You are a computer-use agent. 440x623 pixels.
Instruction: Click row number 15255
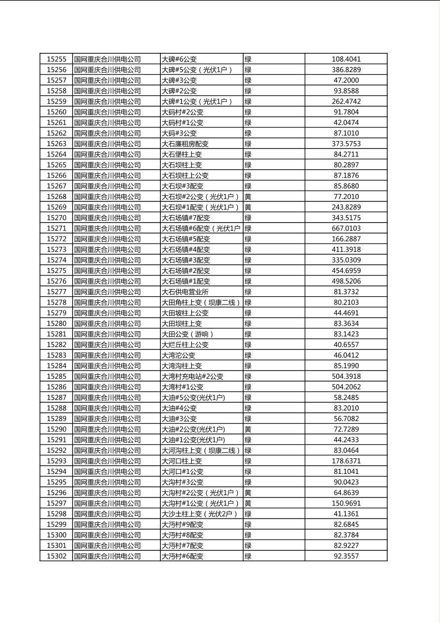pyautogui.click(x=56, y=59)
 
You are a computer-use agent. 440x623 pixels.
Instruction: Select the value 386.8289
pyautogui.click(x=346, y=70)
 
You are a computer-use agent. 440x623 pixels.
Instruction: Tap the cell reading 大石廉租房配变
pyautogui.click(x=185, y=144)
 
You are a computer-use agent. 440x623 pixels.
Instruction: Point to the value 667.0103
pyautogui.click(x=346, y=229)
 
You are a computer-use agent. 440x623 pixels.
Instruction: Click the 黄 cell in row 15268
pyautogui.click(x=248, y=196)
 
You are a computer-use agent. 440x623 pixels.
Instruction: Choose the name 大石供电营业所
pyautogui.click(x=185, y=292)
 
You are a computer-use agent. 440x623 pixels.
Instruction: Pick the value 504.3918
pyautogui.click(x=346, y=376)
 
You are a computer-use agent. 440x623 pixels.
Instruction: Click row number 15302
pyautogui.click(x=56, y=556)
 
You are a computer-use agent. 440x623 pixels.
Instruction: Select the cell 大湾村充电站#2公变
pyautogui.click(x=192, y=376)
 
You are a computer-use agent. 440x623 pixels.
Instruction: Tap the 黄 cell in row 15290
pyautogui.click(x=248, y=429)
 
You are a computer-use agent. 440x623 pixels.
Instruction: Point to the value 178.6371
pyautogui.click(x=346, y=461)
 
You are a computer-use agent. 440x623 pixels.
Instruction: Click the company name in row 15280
pyautogui.click(x=108, y=323)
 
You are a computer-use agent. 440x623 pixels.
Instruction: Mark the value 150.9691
pyautogui.click(x=346, y=503)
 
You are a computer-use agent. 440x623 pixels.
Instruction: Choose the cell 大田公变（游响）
pyautogui.click(x=188, y=334)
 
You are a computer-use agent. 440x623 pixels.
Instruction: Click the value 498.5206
pyautogui.click(x=346, y=281)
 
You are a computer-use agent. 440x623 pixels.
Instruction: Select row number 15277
pyautogui.click(x=56, y=292)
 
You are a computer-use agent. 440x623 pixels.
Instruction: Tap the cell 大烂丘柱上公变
pyautogui.click(x=185, y=345)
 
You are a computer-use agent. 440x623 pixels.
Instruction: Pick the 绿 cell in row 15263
pyautogui.click(x=248, y=144)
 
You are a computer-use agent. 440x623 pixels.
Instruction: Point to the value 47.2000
pyautogui.click(x=346, y=80)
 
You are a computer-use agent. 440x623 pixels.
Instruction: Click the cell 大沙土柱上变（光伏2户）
pyautogui.click(x=200, y=514)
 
